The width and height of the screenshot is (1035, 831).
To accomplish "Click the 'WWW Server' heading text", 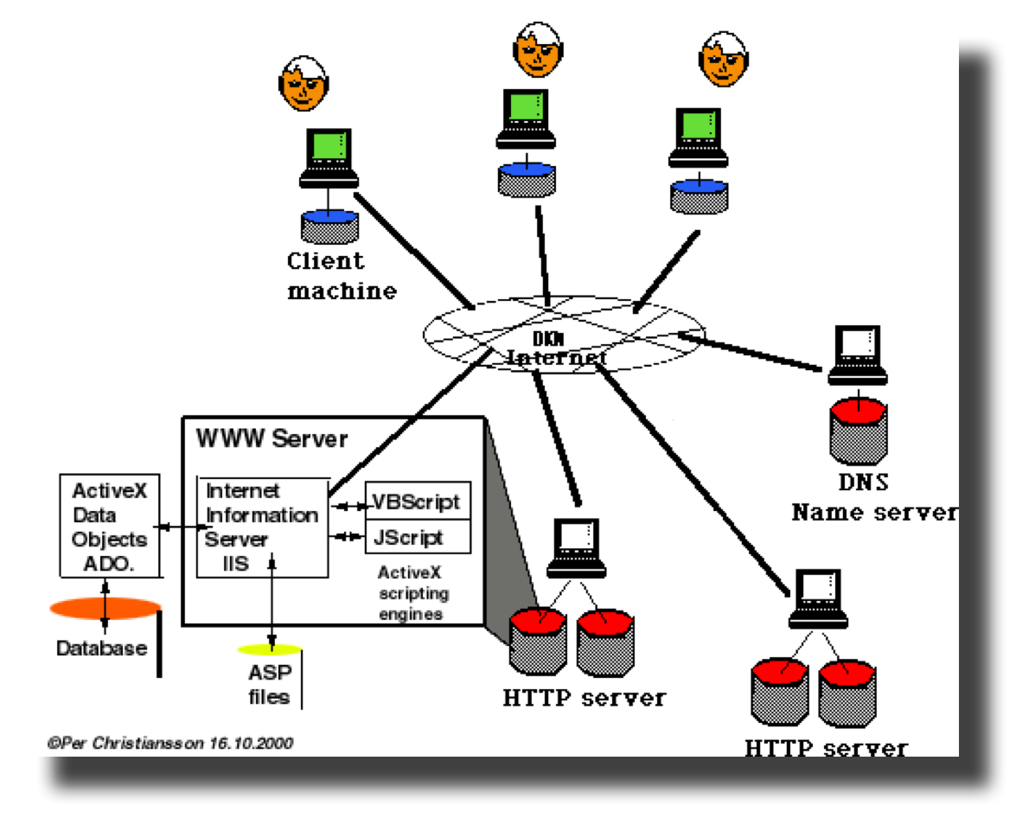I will click(272, 438).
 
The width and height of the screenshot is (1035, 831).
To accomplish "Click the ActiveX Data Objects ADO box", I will click(109, 527).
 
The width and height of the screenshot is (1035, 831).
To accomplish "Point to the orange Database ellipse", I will click(105, 608).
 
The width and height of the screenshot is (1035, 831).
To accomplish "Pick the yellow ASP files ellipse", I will click(270, 649).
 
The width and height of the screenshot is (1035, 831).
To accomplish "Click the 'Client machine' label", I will click(341, 275).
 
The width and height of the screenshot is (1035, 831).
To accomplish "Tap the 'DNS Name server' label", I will click(873, 498).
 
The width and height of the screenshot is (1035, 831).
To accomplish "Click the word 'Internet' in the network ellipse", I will click(556, 356).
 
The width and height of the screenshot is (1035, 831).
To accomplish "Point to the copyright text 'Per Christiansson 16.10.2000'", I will click(170, 742).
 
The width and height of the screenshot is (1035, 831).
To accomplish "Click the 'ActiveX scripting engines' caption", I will click(413, 593).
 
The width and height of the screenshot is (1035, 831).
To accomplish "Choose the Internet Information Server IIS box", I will click(262, 527).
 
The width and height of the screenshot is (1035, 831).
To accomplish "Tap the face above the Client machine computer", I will click(305, 83).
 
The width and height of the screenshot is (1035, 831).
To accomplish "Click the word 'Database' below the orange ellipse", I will click(101, 648).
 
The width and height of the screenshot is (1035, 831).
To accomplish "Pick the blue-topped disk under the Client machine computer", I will click(329, 224).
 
